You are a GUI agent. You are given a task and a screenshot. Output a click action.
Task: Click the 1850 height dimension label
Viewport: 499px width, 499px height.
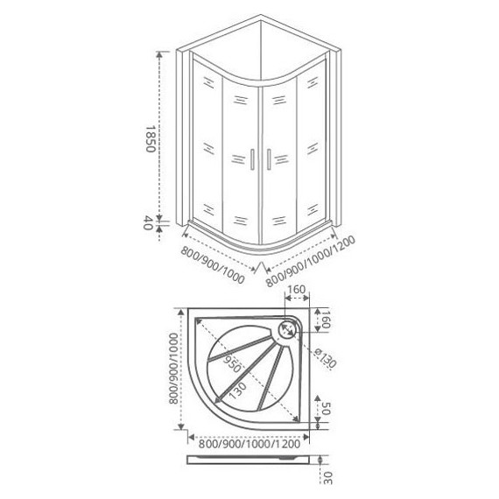click(x=150, y=138)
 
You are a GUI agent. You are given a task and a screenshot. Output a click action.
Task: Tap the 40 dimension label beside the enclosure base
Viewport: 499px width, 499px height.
click(x=147, y=222)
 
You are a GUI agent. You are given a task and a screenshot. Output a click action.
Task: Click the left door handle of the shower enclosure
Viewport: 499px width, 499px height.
click(x=252, y=159)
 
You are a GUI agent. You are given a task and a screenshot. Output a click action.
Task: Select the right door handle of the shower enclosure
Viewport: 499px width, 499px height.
click(x=269, y=159)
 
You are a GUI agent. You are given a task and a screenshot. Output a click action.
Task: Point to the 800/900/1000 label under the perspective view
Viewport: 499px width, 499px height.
click(x=213, y=265)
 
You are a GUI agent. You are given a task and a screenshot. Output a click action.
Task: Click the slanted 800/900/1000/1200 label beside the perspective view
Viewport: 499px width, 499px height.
click(x=310, y=261)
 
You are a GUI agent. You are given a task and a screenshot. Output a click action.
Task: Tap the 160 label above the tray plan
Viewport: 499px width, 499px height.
click(x=296, y=289)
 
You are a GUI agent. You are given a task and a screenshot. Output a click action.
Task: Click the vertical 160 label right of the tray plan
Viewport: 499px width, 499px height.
click(x=326, y=320)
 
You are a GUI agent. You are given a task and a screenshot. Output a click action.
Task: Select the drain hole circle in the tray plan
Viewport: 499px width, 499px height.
click(x=287, y=330)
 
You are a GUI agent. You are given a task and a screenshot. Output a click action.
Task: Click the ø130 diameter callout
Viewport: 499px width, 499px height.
click(x=325, y=358)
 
